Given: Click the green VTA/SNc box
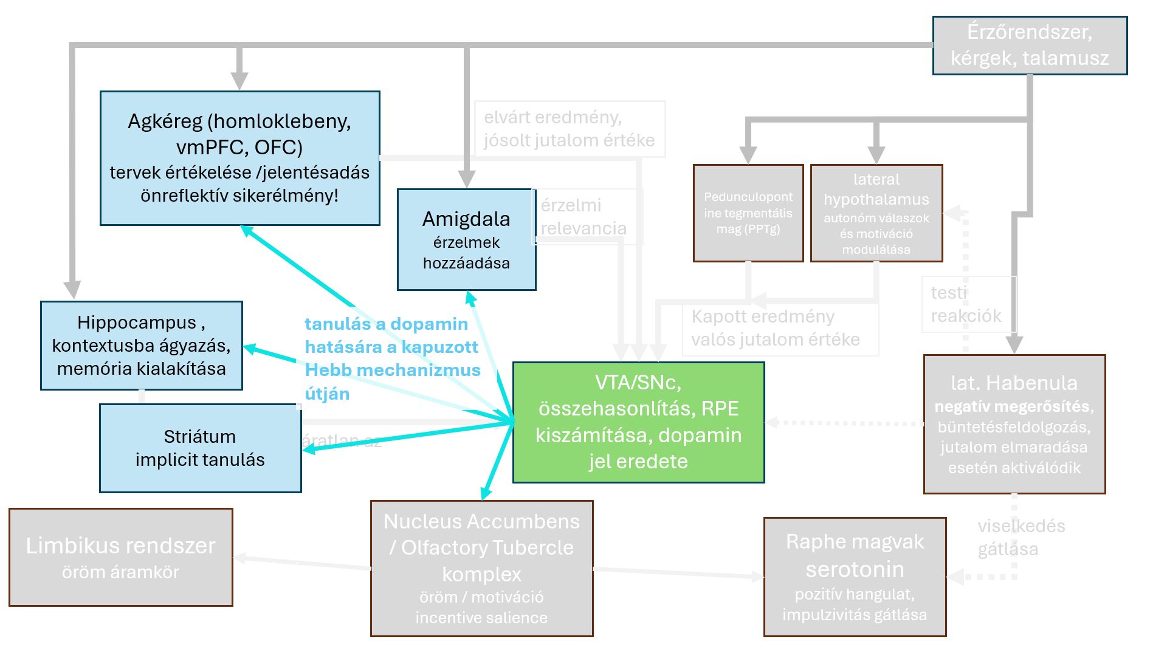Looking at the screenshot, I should click(x=638, y=422).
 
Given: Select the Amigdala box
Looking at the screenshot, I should click(x=466, y=239).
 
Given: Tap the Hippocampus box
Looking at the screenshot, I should click(x=141, y=345).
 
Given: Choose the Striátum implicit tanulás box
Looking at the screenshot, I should click(x=200, y=448).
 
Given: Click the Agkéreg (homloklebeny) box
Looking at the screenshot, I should click(x=239, y=158).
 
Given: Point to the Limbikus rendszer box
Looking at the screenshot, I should click(x=120, y=557).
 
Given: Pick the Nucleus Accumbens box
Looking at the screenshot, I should click(x=481, y=568).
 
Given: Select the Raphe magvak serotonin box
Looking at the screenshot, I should click(x=855, y=576).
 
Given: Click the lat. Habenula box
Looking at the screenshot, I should click(x=1014, y=424).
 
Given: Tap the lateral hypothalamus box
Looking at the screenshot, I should click(x=876, y=213).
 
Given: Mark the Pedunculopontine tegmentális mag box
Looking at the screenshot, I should click(x=748, y=213).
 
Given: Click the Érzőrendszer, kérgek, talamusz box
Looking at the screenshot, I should click(x=1030, y=45).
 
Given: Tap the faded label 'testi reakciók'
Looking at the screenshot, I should click(x=966, y=304).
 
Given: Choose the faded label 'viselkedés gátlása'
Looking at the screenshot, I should click(x=1021, y=538).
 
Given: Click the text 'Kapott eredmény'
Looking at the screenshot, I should click(x=763, y=316).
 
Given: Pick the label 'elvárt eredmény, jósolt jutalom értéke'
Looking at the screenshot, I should click(x=569, y=129).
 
